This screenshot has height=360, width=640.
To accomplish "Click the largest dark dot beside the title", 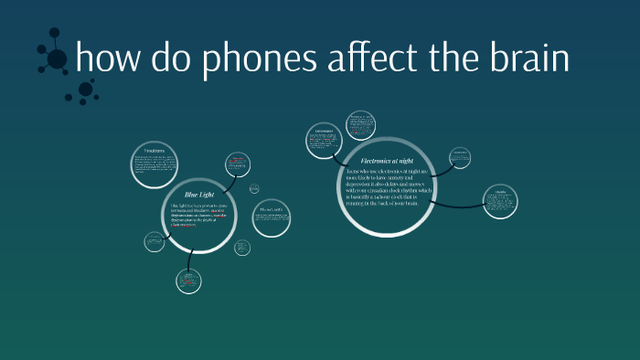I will pos(57,59).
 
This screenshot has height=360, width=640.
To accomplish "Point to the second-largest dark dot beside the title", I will pos(85,90).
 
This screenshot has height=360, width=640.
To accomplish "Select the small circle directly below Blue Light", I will pos(189,281).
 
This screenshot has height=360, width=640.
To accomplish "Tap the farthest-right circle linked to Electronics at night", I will pos(500,203).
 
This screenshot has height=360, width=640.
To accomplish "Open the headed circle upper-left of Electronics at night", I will pos(323,138).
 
